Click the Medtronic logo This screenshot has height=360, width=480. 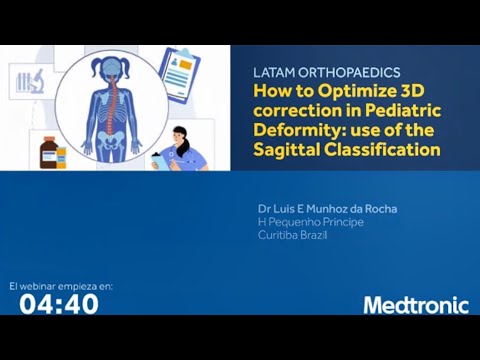pyautogui.click(x=414, y=305)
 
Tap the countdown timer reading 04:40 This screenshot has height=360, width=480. pyautogui.click(x=59, y=304)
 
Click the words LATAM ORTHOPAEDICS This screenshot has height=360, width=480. pyautogui.click(x=327, y=73)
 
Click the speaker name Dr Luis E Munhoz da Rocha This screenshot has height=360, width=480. pyautogui.click(x=327, y=208)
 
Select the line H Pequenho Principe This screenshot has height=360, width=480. pyautogui.click(x=310, y=221)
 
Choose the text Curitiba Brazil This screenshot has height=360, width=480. pyautogui.click(x=292, y=234)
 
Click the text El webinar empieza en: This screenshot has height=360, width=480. pyautogui.click(x=61, y=286)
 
